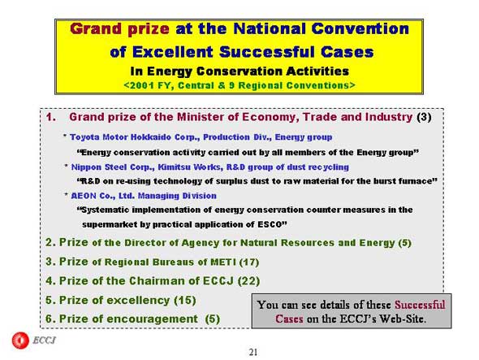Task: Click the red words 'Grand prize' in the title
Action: [119, 29]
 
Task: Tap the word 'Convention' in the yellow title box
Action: [360, 28]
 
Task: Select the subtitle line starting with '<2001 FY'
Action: [239, 85]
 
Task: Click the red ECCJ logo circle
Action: [20, 340]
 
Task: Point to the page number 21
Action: [253, 353]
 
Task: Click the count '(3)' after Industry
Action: [424, 117]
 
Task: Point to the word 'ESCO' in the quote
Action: [269, 224]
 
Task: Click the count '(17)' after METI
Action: [249, 262]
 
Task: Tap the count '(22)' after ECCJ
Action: [248, 281]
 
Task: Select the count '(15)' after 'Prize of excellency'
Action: [185, 301]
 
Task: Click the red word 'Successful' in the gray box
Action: [420, 305]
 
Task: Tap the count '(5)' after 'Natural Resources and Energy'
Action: [405, 243]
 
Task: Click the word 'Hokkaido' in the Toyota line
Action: [152, 137]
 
